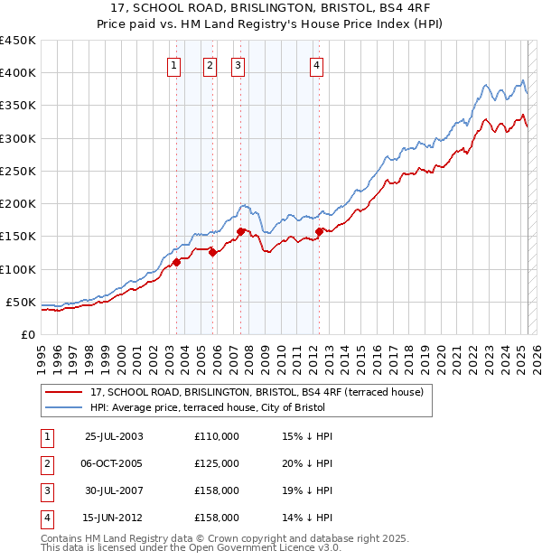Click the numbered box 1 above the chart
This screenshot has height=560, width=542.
[173, 64]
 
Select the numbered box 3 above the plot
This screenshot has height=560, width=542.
[237, 64]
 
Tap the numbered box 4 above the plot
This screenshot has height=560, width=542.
[317, 64]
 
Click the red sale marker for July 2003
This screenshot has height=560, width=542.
[177, 262]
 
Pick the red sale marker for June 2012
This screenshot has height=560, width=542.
[320, 231]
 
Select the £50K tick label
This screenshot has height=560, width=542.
[22, 302]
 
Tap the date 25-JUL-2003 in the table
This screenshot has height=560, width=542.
[113, 436]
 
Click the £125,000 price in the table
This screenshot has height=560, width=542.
[217, 463]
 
